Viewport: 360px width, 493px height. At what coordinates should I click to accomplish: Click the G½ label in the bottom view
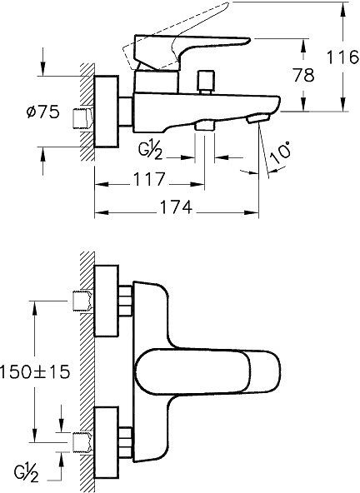[31, 474]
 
